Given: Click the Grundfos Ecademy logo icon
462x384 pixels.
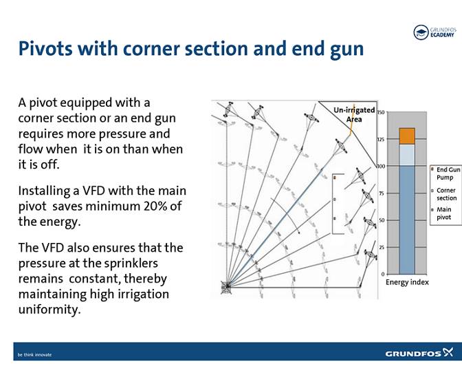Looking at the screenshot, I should click(x=421, y=32).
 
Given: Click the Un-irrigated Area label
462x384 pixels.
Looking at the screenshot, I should click(x=354, y=114).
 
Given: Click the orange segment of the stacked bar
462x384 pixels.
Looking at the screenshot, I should click(x=406, y=136).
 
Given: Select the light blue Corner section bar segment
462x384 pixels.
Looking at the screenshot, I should click(x=406, y=154).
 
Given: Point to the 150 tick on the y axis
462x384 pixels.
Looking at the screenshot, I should click(x=381, y=112).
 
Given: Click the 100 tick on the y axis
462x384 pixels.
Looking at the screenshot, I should click(x=381, y=167).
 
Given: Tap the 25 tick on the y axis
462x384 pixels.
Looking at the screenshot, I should click(x=382, y=247).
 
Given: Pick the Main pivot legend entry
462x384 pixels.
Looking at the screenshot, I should click(x=445, y=213).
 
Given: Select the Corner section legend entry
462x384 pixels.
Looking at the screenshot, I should click(x=446, y=194).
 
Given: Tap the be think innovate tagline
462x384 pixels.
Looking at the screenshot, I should click(x=34, y=355).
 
